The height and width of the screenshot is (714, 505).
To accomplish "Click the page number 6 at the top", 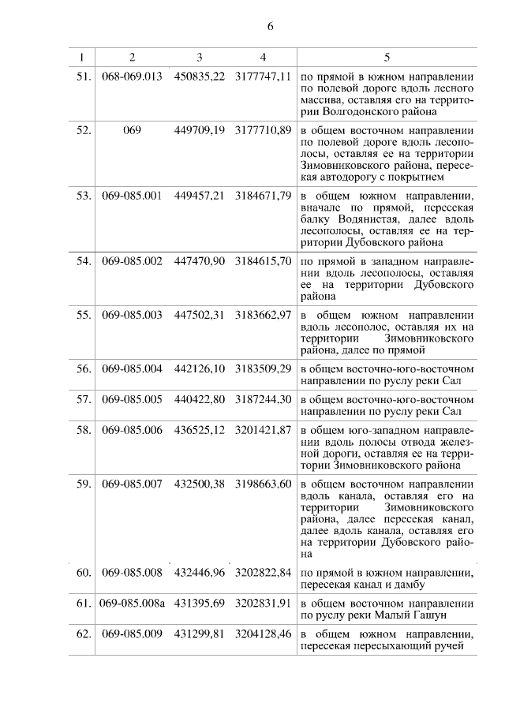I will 269,27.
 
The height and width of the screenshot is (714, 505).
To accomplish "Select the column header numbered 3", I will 200,58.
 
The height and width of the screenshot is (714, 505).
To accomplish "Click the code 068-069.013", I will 132,77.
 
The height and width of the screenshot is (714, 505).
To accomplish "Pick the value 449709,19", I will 200,129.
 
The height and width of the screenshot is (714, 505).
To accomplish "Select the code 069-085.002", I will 132,260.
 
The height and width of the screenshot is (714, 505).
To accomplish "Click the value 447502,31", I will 200,314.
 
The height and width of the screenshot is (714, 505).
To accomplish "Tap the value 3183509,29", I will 264,368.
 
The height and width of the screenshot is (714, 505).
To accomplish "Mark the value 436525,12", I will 200,431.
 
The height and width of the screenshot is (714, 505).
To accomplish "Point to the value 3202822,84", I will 264,572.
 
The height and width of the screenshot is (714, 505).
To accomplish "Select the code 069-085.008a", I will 132,604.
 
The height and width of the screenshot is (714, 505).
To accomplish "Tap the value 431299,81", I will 200,634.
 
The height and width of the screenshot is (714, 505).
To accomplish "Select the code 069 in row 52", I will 132,129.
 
